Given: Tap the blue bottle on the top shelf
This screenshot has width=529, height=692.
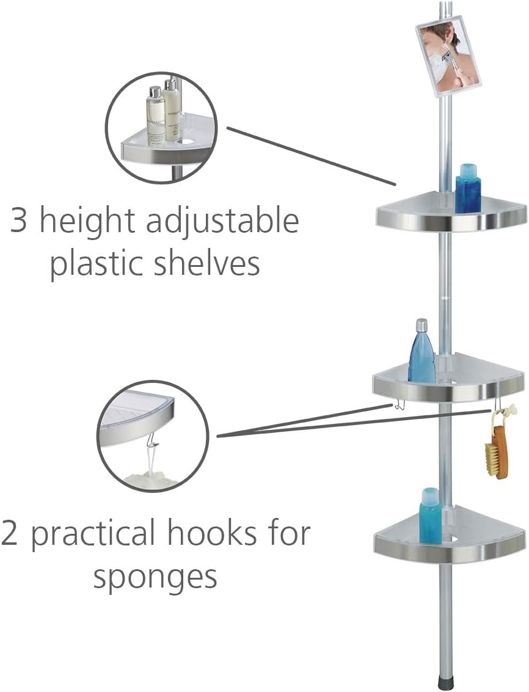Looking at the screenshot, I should point(468,189).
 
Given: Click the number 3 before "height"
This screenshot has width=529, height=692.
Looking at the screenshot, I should point(19,221).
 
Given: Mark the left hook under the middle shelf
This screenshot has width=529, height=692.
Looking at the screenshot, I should point(395,405).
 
